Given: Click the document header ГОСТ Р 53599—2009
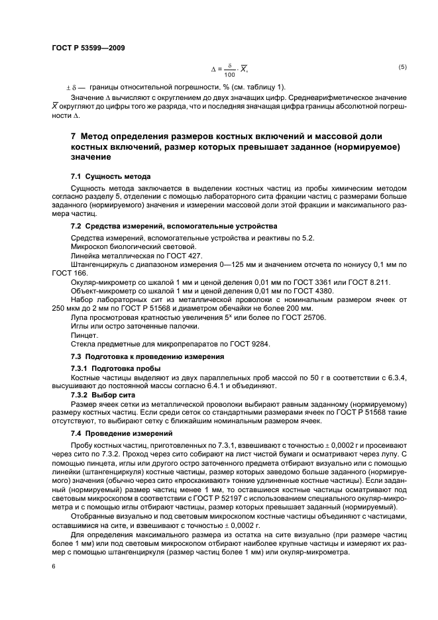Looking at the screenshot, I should (x=87, y=47).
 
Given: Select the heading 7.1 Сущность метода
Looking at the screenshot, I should (x=111, y=176).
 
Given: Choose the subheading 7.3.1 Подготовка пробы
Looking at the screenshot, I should (x=115, y=368).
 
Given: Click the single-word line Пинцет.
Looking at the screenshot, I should (x=83, y=335).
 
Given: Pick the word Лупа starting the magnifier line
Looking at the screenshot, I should (x=80, y=317).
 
